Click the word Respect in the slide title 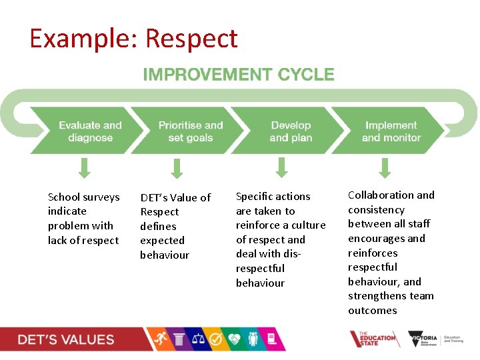(191, 39)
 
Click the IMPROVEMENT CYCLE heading (239, 75)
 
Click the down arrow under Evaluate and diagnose (84, 168)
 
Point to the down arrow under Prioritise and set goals (176, 168)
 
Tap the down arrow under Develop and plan (282, 167)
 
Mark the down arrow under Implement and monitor (384, 167)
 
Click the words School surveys (84, 197)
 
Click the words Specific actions (273, 196)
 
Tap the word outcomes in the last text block (372, 310)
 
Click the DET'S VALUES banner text (66, 339)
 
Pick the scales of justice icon (198, 339)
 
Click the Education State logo (373, 339)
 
